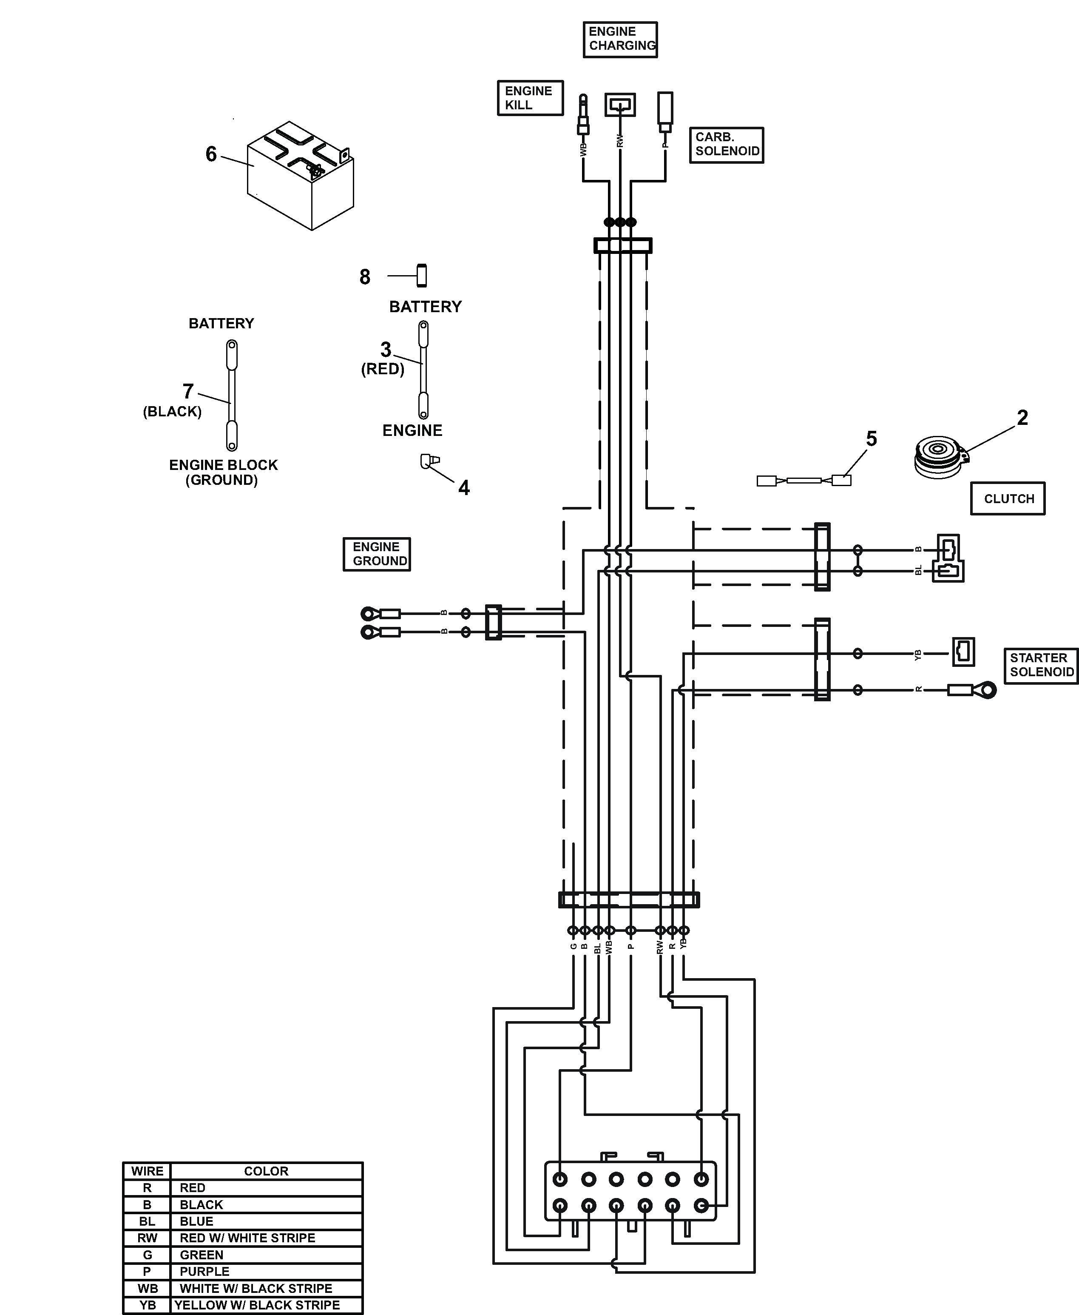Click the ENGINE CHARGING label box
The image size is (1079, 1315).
tap(620, 40)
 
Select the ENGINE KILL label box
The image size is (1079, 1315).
tap(530, 98)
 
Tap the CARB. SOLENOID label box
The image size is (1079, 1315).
tap(726, 145)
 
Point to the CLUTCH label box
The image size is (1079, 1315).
tap(1008, 498)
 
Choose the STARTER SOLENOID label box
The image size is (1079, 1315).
tap(1041, 665)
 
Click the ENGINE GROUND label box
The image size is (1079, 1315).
tap(377, 554)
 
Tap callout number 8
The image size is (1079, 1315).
tap(365, 277)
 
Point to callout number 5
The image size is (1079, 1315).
tap(872, 439)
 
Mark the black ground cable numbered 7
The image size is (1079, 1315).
tap(232, 395)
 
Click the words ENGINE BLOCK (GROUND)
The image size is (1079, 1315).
tap(223, 472)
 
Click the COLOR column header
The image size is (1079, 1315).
tap(266, 1171)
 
